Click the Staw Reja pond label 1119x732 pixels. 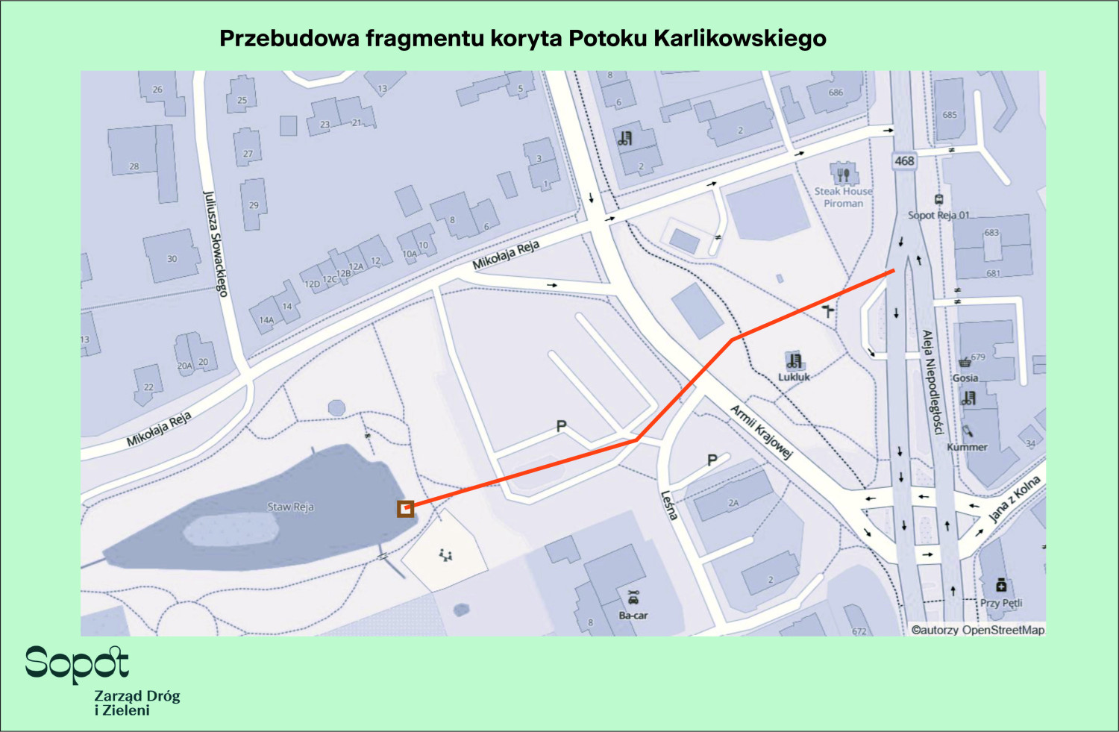tap(291, 507)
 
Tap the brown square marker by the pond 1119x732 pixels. tap(405, 509)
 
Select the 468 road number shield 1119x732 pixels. tap(904, 160)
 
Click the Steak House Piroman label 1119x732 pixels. tap(843, 197)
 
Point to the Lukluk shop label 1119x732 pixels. tap(794, 377)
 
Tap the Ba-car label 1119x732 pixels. tap(633, 616)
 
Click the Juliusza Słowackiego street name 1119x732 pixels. tap(215, 244)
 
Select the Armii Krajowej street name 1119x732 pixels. tap(760, 431)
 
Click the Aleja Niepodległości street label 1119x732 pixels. tap(932, 382)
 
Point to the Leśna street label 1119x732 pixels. tap(669, 505)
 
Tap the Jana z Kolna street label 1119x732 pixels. tap(1014, 498)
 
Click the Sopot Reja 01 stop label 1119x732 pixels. tap(938, 215)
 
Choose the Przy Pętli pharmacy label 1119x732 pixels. tap(1001, 603)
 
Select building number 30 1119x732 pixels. tap(172, 259)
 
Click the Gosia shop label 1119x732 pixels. tap(965, 378)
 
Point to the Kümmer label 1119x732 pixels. tap(967, 447)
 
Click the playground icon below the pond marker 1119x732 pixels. tap(445, 554)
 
